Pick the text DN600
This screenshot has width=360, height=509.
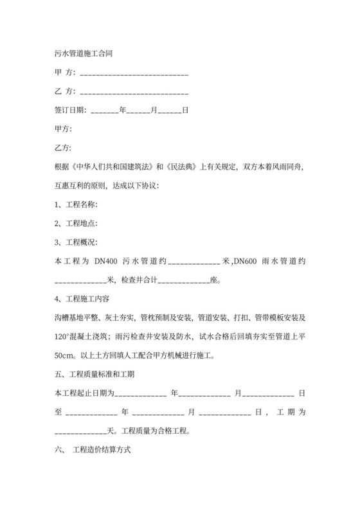(x=245, y=261)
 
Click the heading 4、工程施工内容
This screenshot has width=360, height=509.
(x=80, y=299)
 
